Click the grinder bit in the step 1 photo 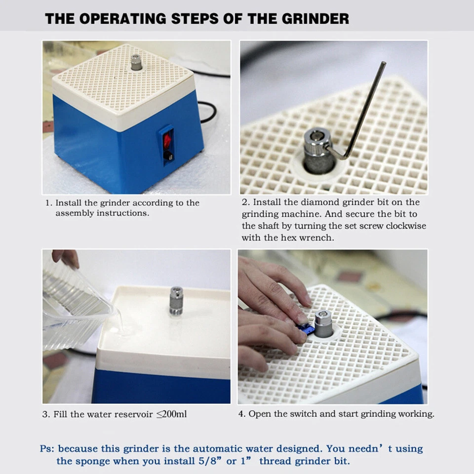pyautogui.click(x=136, y=63)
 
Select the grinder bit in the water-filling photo pyautogui.click(x=176, y=300)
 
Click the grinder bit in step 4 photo pyautogui.click(x=324, y=324)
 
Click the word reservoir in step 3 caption pyautogui.click(x=134, y=414)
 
